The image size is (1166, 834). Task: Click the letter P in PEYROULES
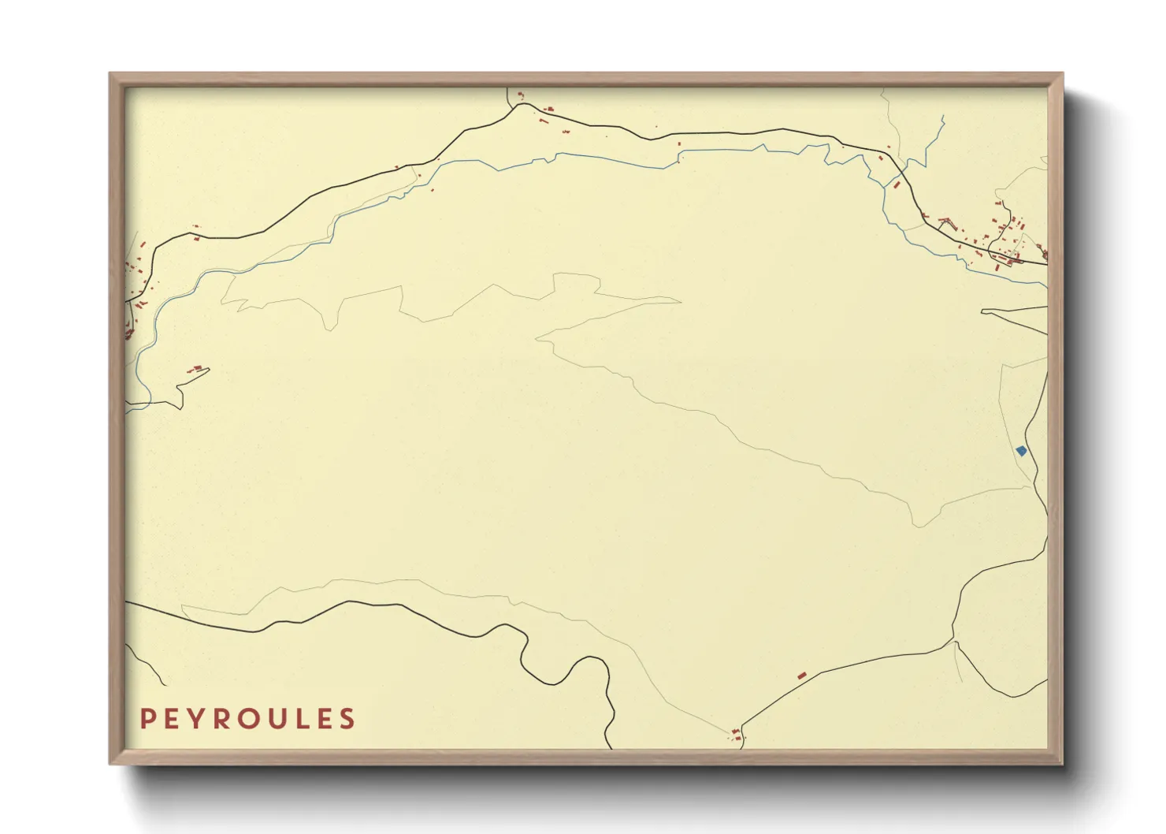(x=147, y=719)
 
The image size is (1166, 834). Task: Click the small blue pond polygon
(x=1021, y=451)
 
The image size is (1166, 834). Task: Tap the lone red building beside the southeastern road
(x=802, y=676)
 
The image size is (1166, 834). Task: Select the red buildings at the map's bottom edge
(x=737, y=735)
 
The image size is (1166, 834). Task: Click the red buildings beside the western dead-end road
(x=195, y=368)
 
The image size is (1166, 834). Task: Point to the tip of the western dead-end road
(x=209, y=370)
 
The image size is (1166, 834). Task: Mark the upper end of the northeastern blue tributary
(x=943, y=117)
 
